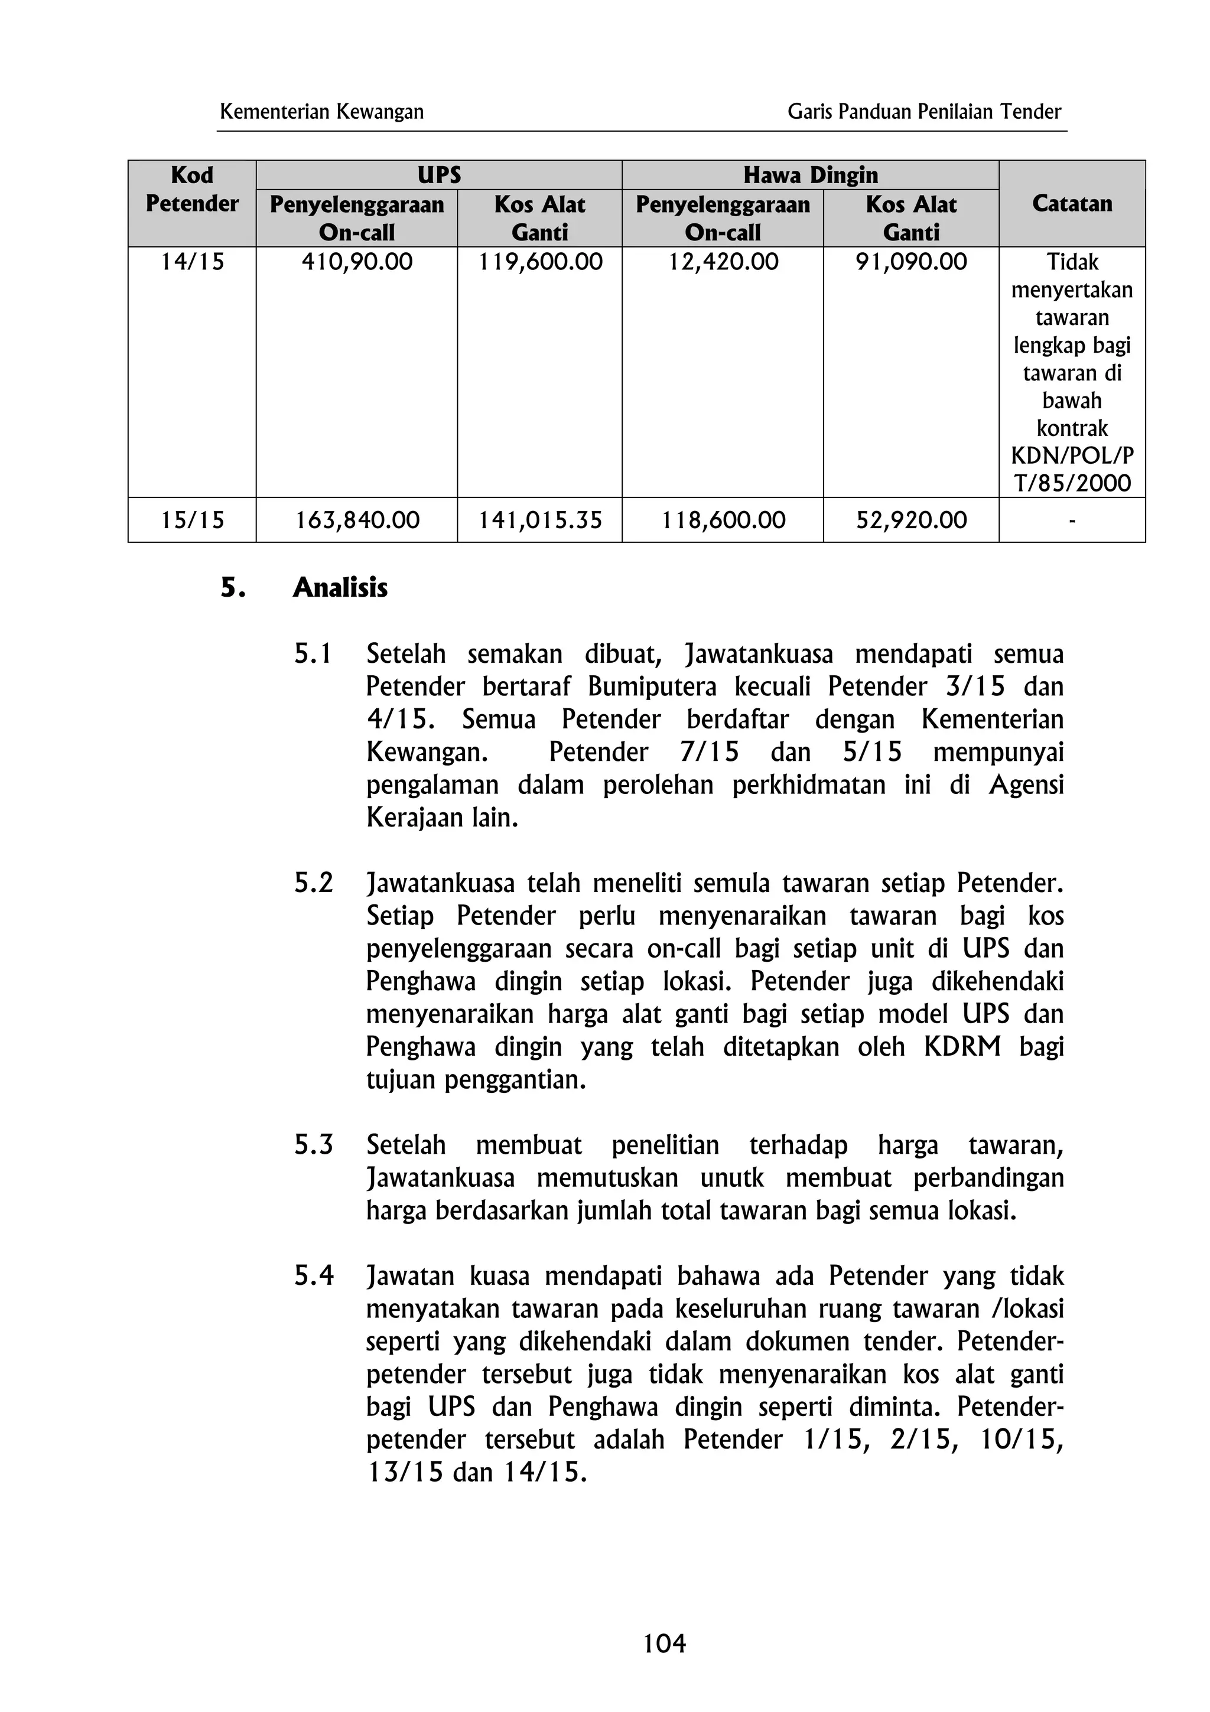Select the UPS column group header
coord(438,175)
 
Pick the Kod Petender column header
coord(191,190)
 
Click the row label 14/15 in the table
coord(191,262)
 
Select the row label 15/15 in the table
coord(191,520)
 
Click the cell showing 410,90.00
coord(356,262)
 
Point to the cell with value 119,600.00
coord(540,262)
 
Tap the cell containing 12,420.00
coord(723,262)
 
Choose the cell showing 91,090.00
coord(910,262)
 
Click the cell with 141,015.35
coord(540,520)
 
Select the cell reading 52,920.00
coord(910,520)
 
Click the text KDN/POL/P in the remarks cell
coord(1071,455)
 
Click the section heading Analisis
coord(340,588)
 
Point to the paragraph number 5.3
coord(313,1144)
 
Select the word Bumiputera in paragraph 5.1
coord(652,686)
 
